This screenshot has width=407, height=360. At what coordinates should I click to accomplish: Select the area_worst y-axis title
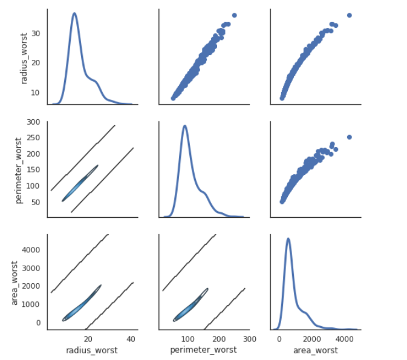click(15, 281)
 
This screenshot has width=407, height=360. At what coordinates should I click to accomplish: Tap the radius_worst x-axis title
click(92, 350)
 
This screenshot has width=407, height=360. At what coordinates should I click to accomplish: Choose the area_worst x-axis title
click(315, 350)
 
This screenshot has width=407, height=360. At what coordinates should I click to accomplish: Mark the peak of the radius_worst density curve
click(74, 13)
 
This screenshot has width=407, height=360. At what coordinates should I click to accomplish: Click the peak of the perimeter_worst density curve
click(184, 126)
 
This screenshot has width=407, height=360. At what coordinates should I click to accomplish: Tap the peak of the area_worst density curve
click(288, 238)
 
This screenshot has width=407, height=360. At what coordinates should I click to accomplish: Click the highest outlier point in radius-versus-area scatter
click(349, 15)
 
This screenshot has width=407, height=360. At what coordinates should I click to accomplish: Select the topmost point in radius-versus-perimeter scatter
click(234, 15)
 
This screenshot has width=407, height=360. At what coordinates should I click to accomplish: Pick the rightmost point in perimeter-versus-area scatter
click(349, 137)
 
